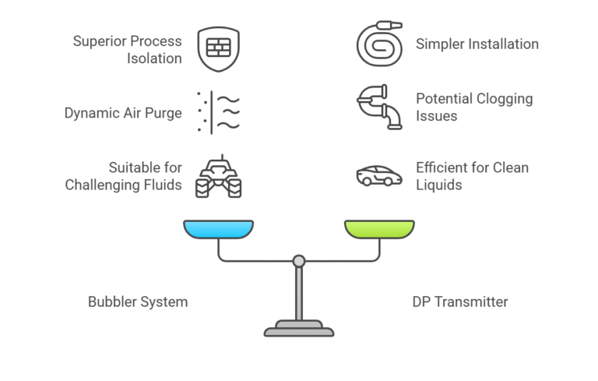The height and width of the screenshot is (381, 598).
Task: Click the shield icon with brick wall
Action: tap(218, 48)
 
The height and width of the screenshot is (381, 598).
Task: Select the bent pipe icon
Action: tap(379, 106)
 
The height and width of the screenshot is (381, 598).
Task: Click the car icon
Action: tap(379, 176)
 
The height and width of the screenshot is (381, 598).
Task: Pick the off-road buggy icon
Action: tap(218, 177)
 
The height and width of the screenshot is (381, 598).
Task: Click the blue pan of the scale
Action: tap(218, 229)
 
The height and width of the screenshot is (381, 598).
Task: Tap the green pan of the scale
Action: tap(379, 229)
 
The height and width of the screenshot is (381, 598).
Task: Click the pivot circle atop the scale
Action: tap(298, 261)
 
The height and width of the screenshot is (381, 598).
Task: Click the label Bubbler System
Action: tap(138, 302)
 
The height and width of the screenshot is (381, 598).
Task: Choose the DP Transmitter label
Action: tap(459, 302)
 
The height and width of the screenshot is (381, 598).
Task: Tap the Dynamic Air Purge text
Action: tap(123, 113)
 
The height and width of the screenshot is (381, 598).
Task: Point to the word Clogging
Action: tap(502, 99)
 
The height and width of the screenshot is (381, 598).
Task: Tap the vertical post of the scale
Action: tap(298, 292)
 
